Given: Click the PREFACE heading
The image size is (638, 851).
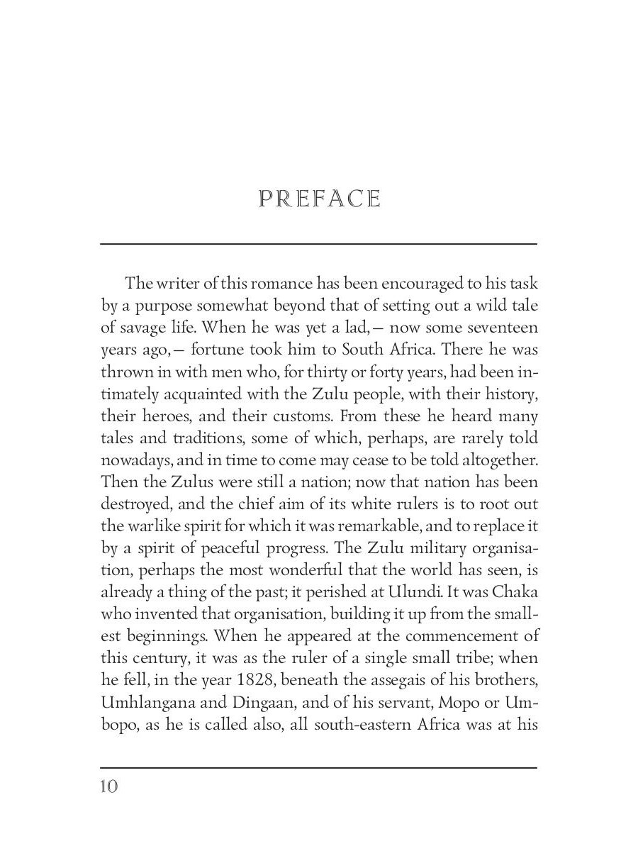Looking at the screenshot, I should pos(320,199).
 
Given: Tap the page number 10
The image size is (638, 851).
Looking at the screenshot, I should pos(109,786).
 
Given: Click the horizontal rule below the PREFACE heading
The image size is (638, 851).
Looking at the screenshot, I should pos(318,244).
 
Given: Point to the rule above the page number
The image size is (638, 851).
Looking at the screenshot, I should pos(318,767).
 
